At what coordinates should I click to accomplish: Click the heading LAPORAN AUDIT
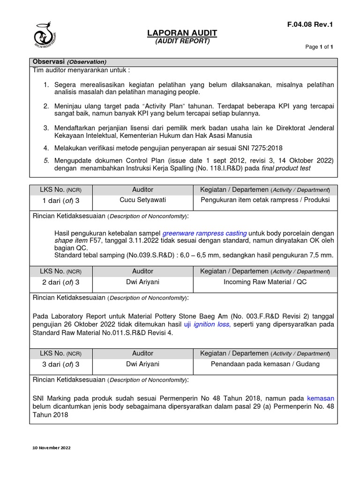click(182, 33)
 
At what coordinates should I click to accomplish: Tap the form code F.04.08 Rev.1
click(310, 25)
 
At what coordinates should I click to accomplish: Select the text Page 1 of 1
click(319, 47)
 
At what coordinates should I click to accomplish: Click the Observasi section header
click(69, 62)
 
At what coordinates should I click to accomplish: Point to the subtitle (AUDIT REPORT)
click(182, 41)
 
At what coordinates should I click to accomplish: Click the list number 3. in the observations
click(46, 128)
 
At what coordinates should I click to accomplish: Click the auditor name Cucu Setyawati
click(142, 200)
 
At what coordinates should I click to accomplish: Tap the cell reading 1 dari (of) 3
click(61, 200)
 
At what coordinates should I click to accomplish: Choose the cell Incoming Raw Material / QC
click(265, 282)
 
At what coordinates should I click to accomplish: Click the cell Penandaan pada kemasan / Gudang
click(265, 364)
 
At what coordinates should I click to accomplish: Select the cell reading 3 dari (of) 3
click(61, 364)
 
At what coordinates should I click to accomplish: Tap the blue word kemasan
click(321, 398)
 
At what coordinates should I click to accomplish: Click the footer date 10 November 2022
click(52, 448)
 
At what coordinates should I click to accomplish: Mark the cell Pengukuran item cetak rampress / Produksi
click(265, 200)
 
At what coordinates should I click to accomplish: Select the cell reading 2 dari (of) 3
click(61, 282)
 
